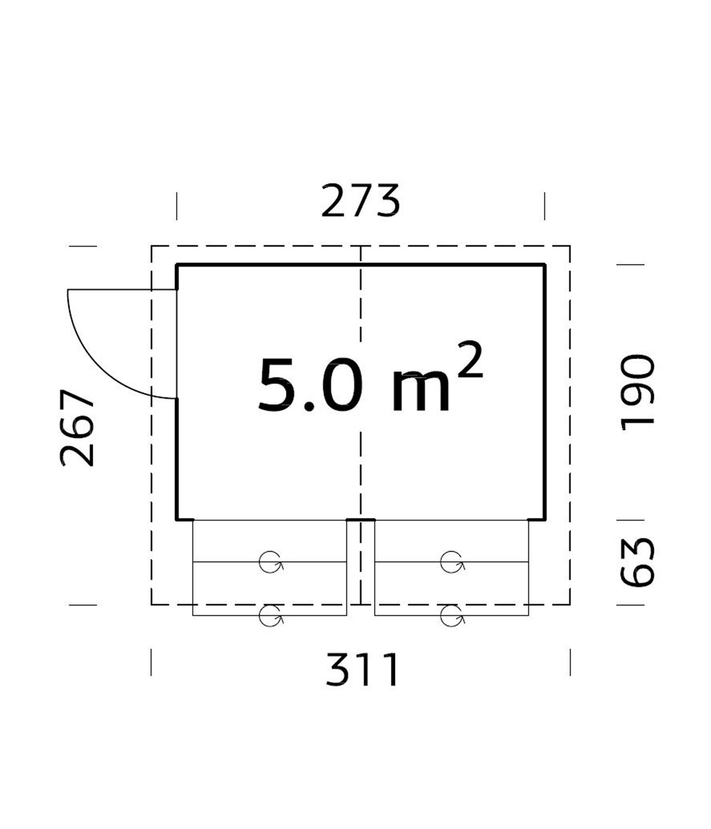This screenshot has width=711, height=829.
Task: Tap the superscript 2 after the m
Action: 470,359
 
